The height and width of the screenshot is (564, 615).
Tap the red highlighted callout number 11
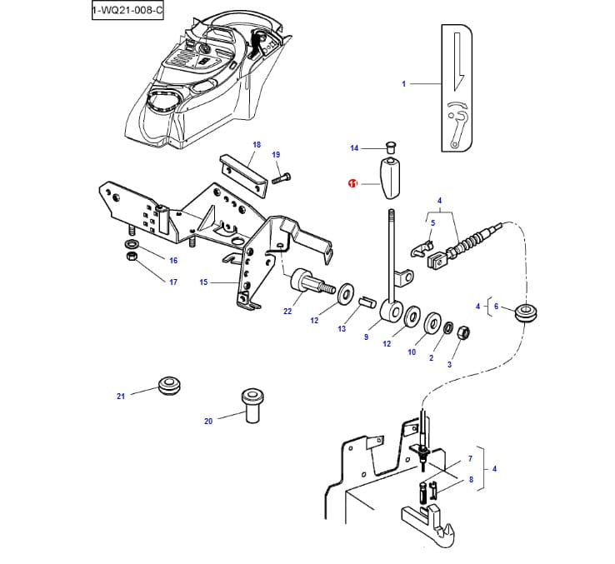[352, 183]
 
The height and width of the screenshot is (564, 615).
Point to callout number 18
[257, 145]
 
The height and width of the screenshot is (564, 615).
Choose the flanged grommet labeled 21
[169, 387]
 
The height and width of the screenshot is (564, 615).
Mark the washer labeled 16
[132, 244]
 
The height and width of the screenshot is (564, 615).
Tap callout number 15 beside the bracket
[203, 282]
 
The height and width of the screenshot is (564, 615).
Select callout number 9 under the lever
[366, 337]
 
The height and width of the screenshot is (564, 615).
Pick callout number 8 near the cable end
[470, 480]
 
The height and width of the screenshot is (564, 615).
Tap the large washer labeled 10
[433, 323]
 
